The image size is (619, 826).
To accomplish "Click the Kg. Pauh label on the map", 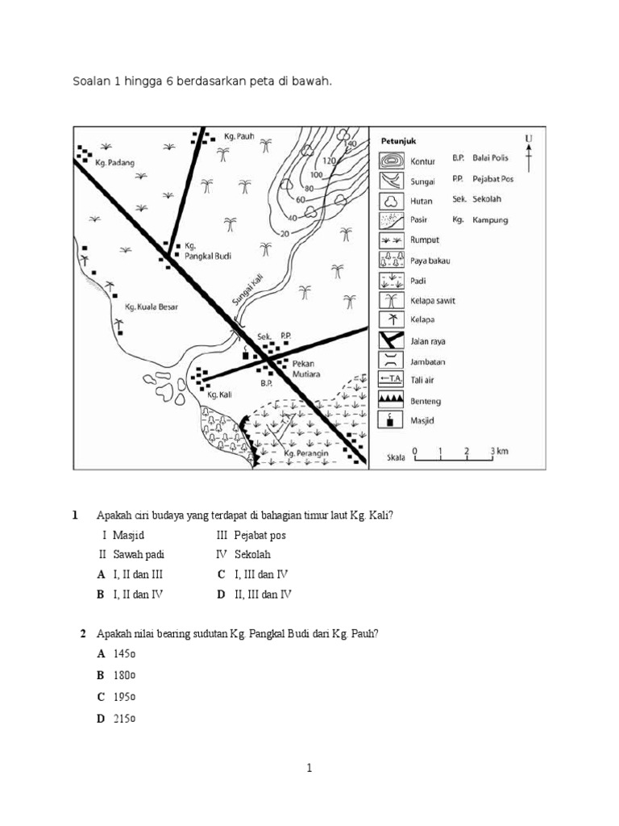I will [x=239, y=137].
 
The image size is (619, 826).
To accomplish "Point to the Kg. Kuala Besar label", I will [x=151, y=307].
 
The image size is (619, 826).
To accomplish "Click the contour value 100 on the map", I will [x=316, y=174].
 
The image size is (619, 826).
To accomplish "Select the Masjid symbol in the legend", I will [x=390, y=420].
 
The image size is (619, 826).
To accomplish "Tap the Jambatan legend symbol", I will [x=390, y=360].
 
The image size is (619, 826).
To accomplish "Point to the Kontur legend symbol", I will [x=390, y=161].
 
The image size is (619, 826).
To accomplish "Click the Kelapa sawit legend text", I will [x=433, y=301].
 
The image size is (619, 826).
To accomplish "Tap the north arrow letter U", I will [x=528, y=139].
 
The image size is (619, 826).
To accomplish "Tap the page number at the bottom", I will [x=309, y=769].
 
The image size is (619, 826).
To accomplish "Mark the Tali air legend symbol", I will [x=390, y=380].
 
